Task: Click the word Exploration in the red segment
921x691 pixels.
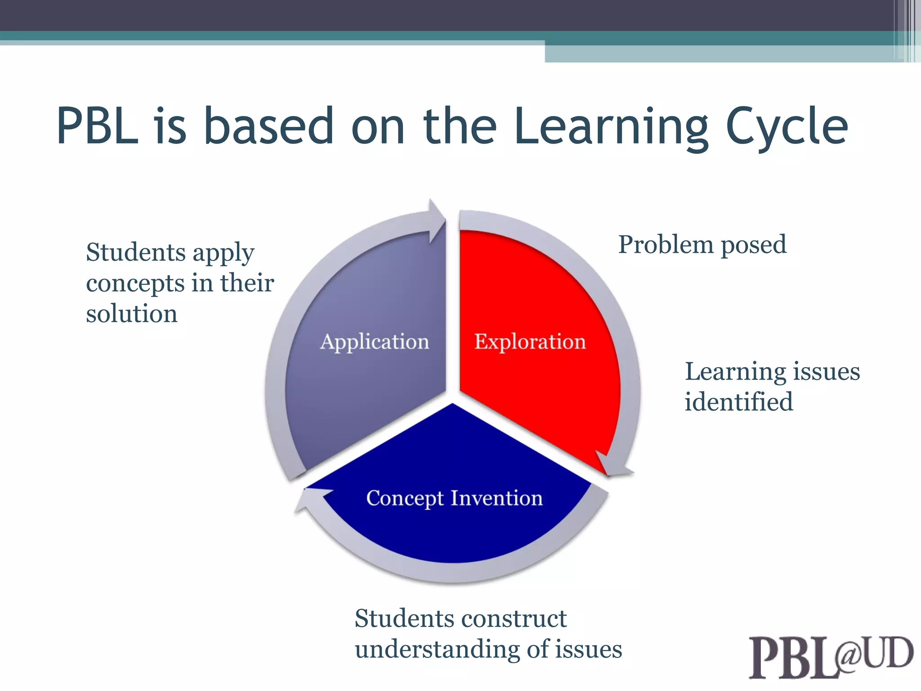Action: [530, 342]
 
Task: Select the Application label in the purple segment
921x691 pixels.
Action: [375, 342]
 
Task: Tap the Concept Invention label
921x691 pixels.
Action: [454, 498]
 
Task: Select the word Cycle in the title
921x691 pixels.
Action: [787, 127]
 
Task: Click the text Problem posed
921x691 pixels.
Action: [702, 245]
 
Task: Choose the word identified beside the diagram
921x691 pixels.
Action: [738, 402]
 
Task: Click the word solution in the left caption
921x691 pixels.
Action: [132, 314]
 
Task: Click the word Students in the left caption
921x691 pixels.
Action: [135, 252]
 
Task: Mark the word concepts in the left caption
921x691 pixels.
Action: [135, 283]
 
